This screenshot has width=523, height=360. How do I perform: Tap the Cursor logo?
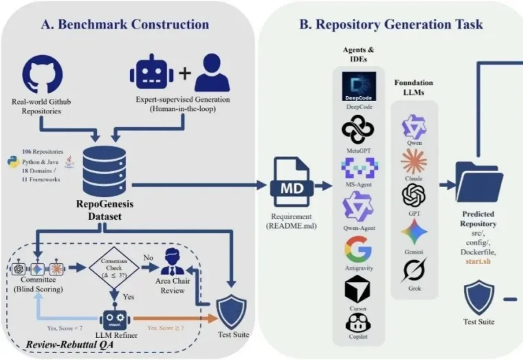[x=358, y=289]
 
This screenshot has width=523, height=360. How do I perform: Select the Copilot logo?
[x=358, y=323]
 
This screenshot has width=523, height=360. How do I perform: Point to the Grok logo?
[x=414, y=270]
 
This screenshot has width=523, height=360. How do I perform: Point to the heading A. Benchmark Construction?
[x=125, y=24]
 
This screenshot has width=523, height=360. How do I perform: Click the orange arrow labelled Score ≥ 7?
[x=174, y=318]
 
